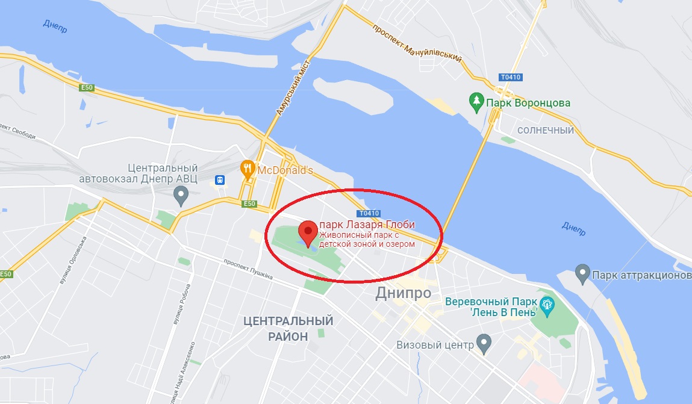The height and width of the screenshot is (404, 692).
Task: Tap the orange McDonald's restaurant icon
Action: point(248,168)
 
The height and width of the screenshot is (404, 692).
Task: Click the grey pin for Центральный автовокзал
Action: point(180,194)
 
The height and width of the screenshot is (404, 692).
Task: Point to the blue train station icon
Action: point(220,179)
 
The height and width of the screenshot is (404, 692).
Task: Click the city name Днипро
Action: point(403,293)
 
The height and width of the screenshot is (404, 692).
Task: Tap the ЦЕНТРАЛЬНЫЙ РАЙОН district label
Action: point(288,328)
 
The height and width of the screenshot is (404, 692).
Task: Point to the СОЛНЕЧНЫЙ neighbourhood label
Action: point(546,130)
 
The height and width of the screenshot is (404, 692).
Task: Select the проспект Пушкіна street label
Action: point(248,269)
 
